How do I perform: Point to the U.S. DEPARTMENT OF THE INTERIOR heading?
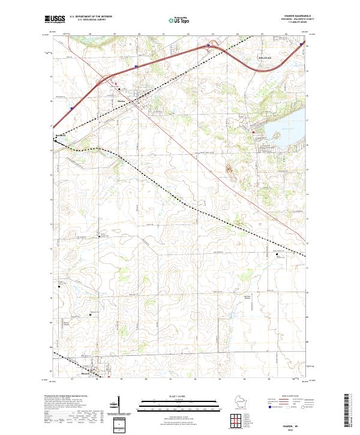coord(91,16)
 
